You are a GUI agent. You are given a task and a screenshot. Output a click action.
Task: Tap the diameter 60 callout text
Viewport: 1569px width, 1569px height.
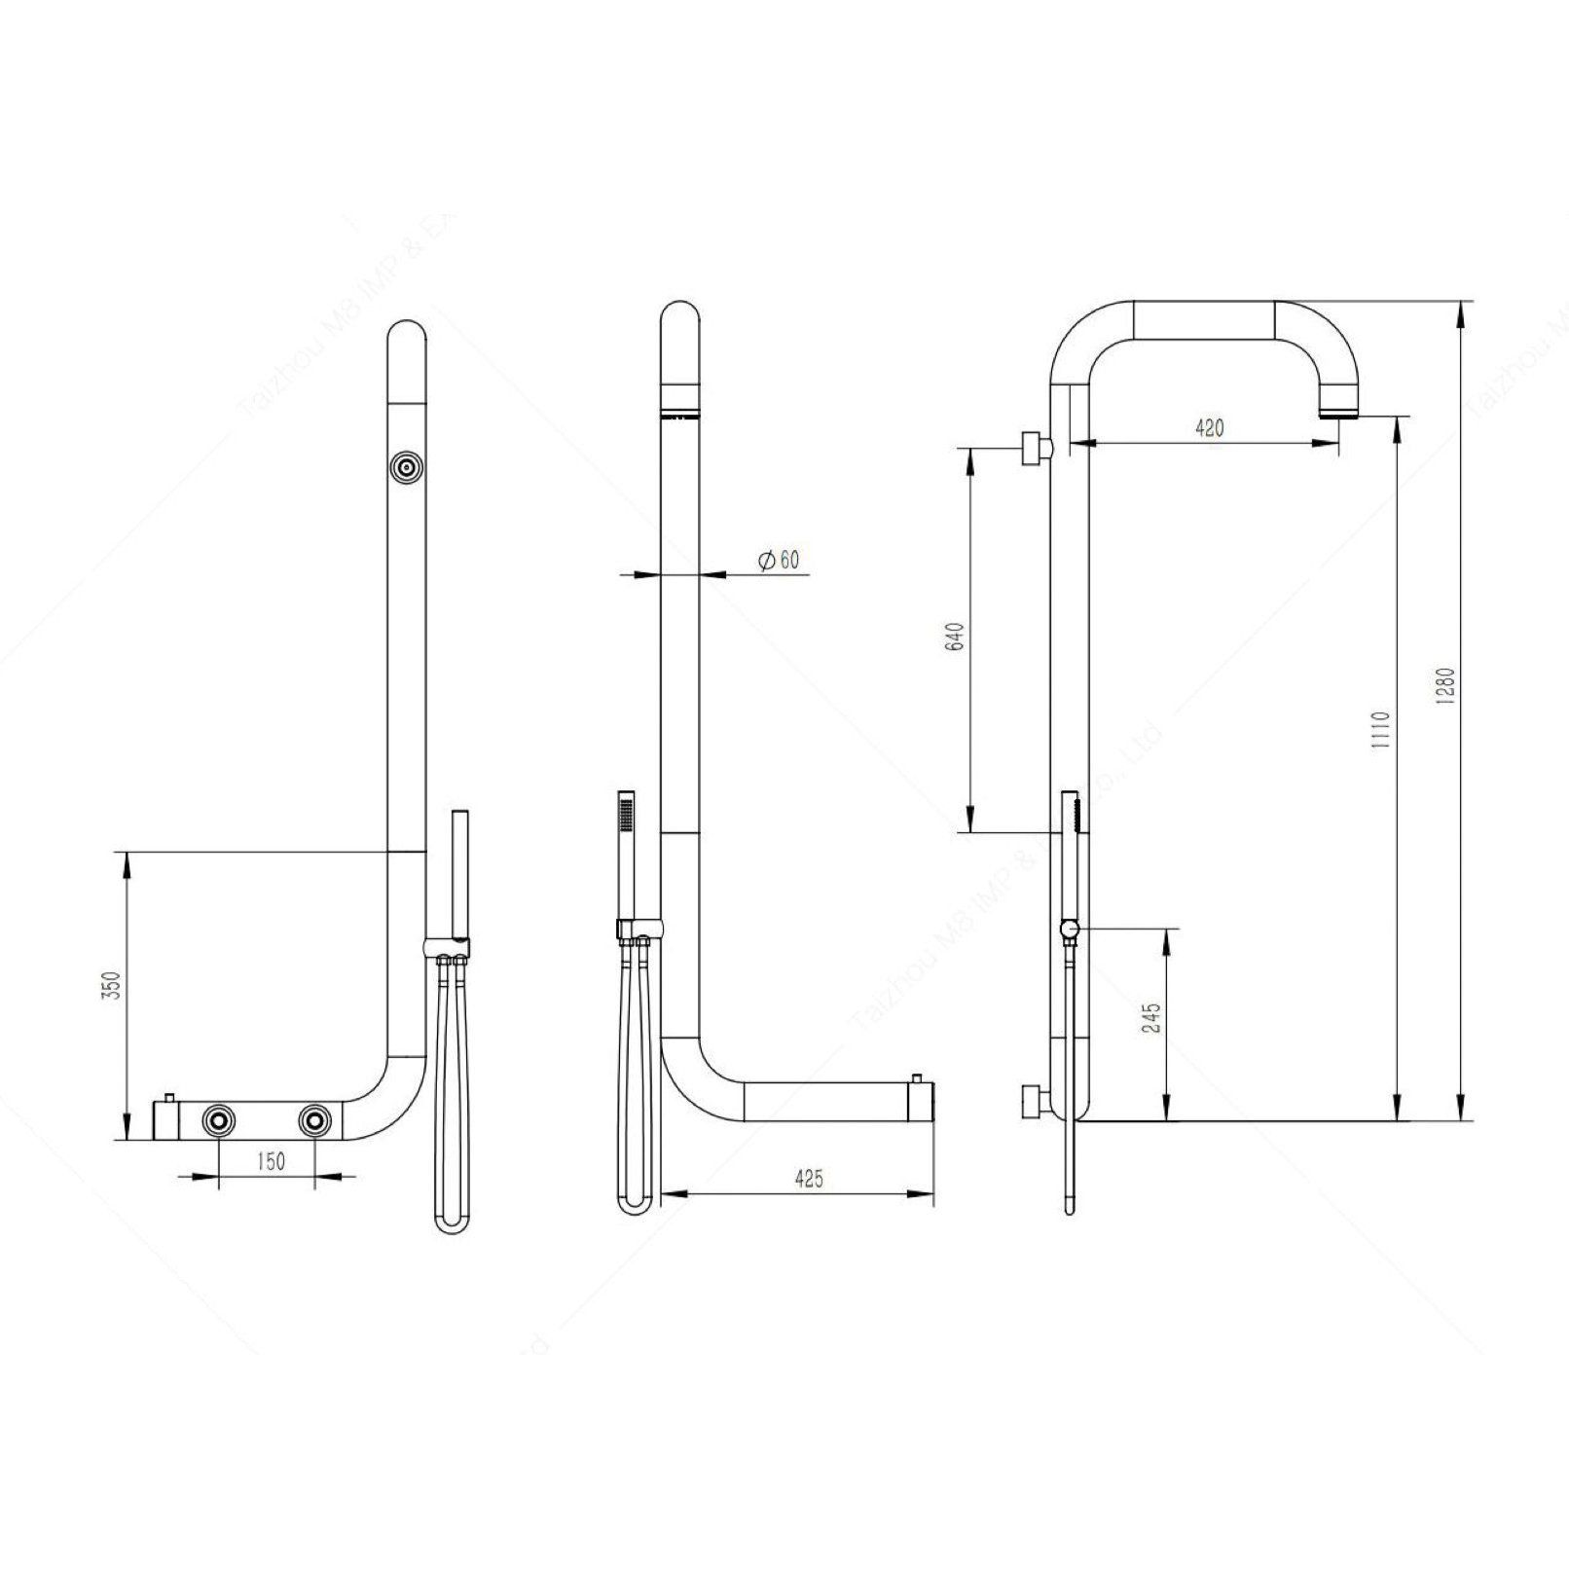tap(778, 560)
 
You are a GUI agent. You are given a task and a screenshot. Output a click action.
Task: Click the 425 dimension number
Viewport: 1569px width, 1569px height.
tap(809, 1179)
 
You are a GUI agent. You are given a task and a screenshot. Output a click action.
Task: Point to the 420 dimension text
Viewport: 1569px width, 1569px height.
tap(1208, 427)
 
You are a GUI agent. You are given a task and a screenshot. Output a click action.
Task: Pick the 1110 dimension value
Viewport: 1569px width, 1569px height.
tap(1383, 728)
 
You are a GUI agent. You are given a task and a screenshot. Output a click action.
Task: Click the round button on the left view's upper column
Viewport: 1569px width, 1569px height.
tap(405, 468)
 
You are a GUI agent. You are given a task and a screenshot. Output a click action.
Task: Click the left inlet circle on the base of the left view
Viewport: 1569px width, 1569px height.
tap(219, 1121)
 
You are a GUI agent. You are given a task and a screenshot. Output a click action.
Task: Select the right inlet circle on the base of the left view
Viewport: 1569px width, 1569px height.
tap(314, 1121)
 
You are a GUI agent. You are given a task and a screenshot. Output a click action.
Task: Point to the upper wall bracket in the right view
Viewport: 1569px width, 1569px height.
tap(1035, 448)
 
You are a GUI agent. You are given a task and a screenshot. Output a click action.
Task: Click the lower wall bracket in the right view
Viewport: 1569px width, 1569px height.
tap(1035, 1102)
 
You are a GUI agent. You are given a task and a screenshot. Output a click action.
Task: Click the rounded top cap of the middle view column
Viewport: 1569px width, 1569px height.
tap(679, 321)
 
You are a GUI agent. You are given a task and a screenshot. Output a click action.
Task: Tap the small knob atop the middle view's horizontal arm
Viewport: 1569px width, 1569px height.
tap(917, 1080)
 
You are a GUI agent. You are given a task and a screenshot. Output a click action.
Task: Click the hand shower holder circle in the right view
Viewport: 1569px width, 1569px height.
tap(1071, 930)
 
